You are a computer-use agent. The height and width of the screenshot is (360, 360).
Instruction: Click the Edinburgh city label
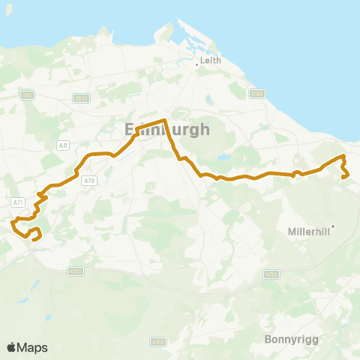point(166,130)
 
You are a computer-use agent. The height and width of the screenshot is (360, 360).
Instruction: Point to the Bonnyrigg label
point(292,339)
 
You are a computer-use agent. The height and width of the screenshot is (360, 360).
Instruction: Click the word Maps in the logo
point(32,347)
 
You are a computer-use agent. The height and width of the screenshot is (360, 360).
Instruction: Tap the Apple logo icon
point(11,347)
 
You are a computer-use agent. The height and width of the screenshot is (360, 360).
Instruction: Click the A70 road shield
point(90,181)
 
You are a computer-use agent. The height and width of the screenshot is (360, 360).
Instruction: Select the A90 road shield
point(28,95)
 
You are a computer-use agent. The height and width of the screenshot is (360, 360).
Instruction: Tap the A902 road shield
point(82,98)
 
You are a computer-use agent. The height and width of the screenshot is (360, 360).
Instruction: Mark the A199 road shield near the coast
point(258,94)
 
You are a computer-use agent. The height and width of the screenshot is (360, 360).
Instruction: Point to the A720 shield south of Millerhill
point(271,274)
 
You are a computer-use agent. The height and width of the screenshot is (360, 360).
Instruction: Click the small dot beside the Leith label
point(197,64)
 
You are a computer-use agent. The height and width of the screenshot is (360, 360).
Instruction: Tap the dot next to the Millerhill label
point(332,226)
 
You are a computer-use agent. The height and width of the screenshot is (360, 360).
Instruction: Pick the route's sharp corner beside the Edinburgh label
point(164,119)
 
